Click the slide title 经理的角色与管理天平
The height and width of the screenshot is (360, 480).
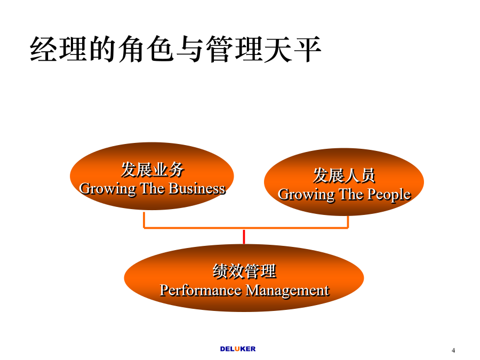(175, 49)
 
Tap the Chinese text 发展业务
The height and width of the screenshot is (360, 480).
(153, 170)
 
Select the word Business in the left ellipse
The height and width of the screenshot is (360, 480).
(197, 189)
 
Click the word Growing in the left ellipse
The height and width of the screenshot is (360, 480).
(107, 189)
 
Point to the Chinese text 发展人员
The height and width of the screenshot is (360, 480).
(344, 175)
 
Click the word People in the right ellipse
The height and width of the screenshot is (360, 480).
(389, 195)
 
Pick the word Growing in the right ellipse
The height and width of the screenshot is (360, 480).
(306, 195)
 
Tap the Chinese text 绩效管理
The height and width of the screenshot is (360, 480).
(244, 271)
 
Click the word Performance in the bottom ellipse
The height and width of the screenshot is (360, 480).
(201, 290)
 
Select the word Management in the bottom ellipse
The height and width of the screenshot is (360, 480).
(287, 291)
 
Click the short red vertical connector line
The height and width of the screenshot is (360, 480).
(244, 237)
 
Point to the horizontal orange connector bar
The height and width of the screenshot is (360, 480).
(246, 228)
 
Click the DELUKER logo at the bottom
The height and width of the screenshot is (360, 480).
(238, 349)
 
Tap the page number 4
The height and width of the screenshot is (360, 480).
(453, 350)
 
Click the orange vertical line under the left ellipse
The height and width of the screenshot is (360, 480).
(144, 220)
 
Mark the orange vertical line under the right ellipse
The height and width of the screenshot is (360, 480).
(348, 222)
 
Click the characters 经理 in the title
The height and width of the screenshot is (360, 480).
(59, 49)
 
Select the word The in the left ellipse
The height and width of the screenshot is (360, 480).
(153, 189)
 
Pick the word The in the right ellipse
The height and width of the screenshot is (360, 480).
(351, 194)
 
